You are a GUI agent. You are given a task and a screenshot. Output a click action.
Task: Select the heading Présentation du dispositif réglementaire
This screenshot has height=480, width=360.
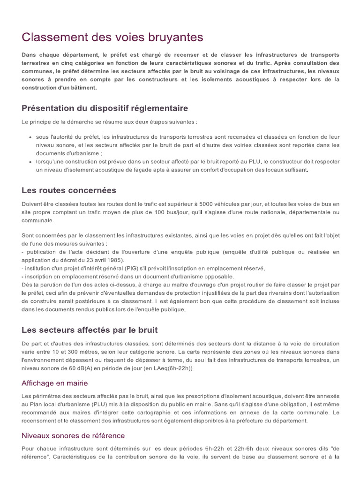105,108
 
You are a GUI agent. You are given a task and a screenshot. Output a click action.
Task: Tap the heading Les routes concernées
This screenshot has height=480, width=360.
68,191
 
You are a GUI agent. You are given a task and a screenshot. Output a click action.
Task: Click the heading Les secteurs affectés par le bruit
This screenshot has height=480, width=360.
90,330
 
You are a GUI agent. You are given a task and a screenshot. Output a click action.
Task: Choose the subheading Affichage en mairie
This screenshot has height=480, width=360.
54,383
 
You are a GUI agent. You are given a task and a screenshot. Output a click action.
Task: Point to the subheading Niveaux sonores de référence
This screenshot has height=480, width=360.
73,435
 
